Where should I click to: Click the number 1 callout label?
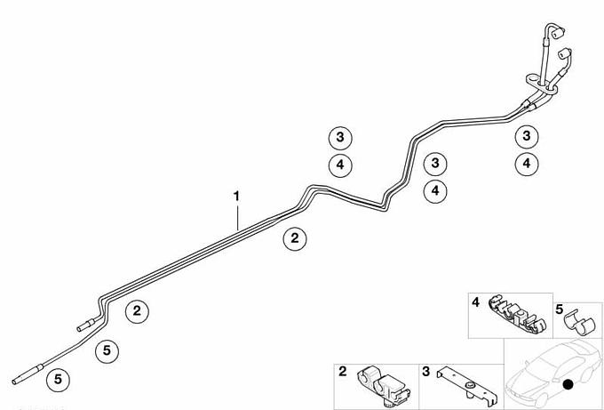236,197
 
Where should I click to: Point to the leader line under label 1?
238,218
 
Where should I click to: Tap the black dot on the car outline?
568,384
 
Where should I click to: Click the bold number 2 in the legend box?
343,372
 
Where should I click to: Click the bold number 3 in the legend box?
425,372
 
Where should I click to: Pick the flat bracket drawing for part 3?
467,387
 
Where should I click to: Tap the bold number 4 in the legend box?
476,302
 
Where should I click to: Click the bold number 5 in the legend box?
560,309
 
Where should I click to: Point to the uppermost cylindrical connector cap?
558,33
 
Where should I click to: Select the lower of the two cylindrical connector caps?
565,53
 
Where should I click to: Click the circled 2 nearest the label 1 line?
295,238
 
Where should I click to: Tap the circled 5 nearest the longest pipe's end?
58,380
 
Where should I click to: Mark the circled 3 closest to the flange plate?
527,136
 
